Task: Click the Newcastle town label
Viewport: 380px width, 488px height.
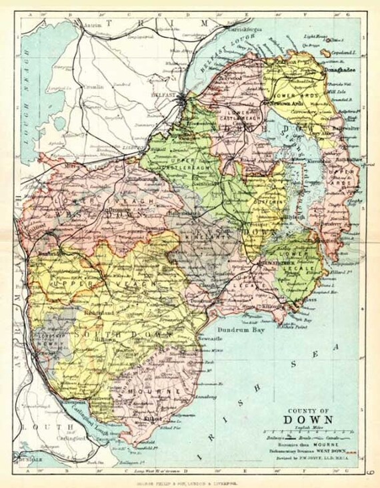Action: click(x=209, y=339)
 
